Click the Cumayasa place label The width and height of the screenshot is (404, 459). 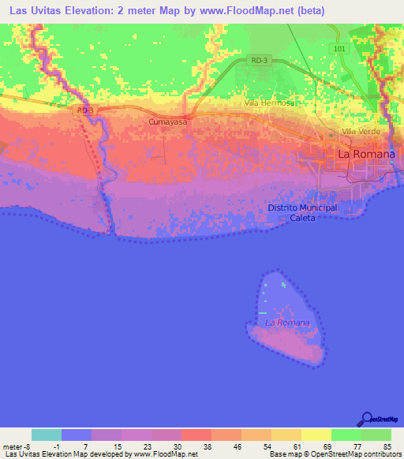coord(167,123)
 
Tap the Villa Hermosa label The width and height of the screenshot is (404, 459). coord(269,103)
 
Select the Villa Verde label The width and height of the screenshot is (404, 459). coord(359,131)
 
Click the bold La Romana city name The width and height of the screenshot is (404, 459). coord(366,155)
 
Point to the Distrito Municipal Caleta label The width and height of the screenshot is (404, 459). coord(302,212)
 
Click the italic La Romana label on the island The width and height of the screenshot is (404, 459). coord(287,323)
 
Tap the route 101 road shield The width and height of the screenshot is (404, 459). coord(339,49)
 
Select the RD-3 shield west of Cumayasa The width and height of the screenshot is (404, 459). coord(85,110)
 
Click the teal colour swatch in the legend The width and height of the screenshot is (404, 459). coord(47,435)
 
